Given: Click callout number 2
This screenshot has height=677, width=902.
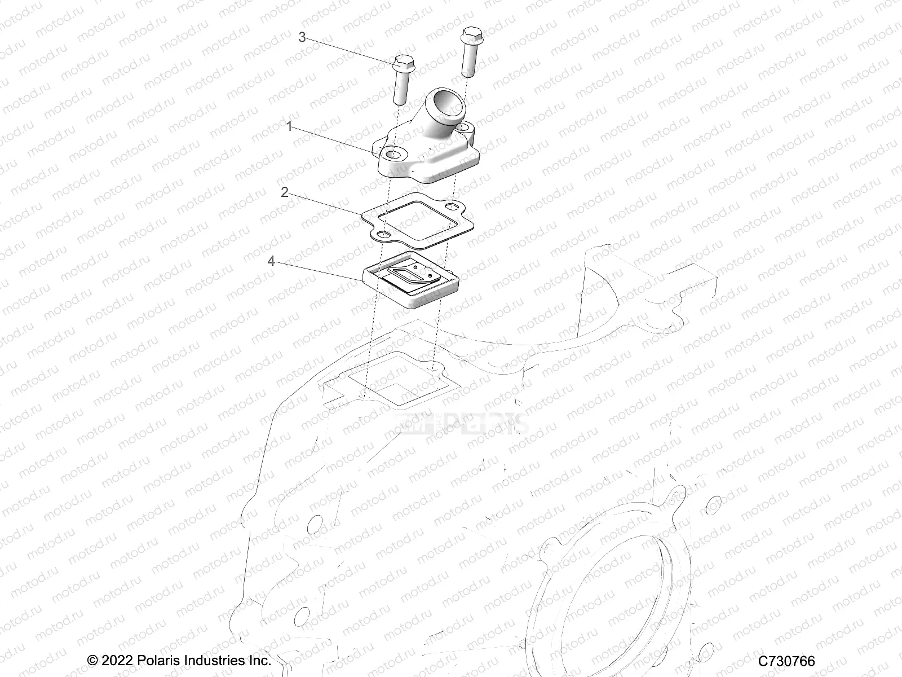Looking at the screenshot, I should pos(285,192).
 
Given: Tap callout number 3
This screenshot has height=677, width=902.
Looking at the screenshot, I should pos(302,37).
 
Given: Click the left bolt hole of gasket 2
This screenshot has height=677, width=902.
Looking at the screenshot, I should pos(383,234).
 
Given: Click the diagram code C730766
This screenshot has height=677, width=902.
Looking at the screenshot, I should pos(786,660).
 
